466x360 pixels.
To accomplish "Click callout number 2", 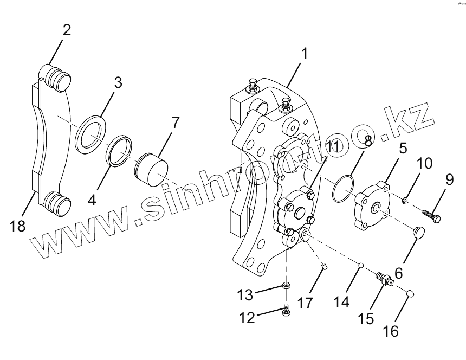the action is pyautogui.click(x=66, y=30).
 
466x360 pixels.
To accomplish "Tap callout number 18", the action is pyautogui.click(x=18, y=226).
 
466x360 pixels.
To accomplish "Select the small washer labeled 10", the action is pyautogui.click(x=405, y=202).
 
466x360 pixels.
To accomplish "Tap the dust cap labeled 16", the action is pyautogui.click(x=410, y=293).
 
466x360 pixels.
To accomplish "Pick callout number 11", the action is pyautogui.click(x=332, y=146).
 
